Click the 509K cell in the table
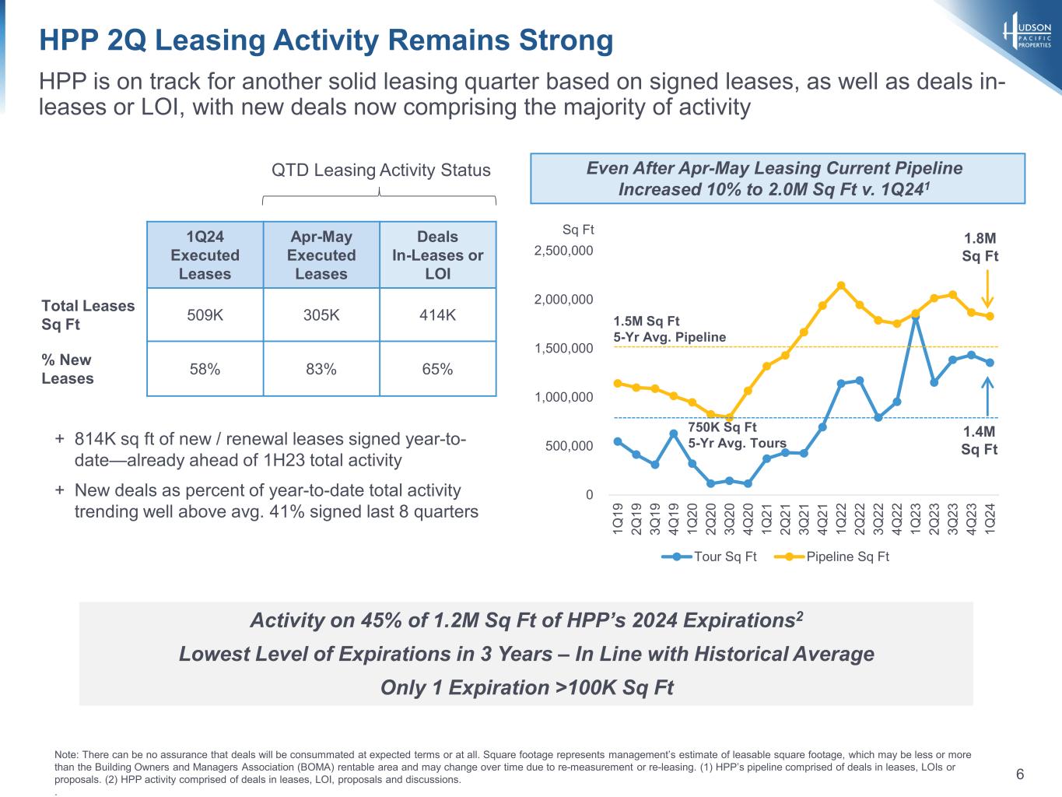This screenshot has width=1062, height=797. (205, 315)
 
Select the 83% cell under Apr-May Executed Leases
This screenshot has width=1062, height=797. (321, 369)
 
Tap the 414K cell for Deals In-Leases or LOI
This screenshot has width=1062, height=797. (438, 315)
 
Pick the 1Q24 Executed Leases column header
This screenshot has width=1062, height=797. (205, 255)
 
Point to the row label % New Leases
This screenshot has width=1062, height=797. (68, 369)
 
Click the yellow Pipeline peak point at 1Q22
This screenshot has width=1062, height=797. (841, 286)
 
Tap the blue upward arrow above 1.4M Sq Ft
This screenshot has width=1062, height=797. (987, 397)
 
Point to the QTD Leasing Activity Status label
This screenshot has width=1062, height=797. (380, 170)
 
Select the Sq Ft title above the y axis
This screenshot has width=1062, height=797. (578, 230)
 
